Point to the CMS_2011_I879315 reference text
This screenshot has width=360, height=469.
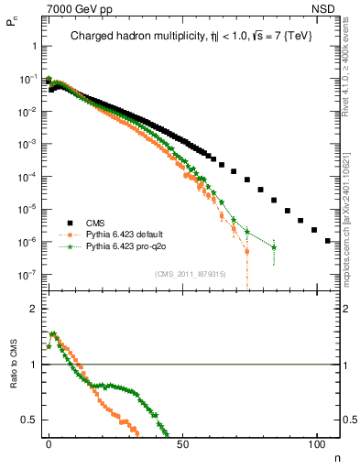(191, 273)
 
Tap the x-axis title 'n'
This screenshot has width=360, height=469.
(337, 455)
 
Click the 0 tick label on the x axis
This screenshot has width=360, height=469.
(49, 443)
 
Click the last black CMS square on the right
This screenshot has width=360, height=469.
(329, 241)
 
